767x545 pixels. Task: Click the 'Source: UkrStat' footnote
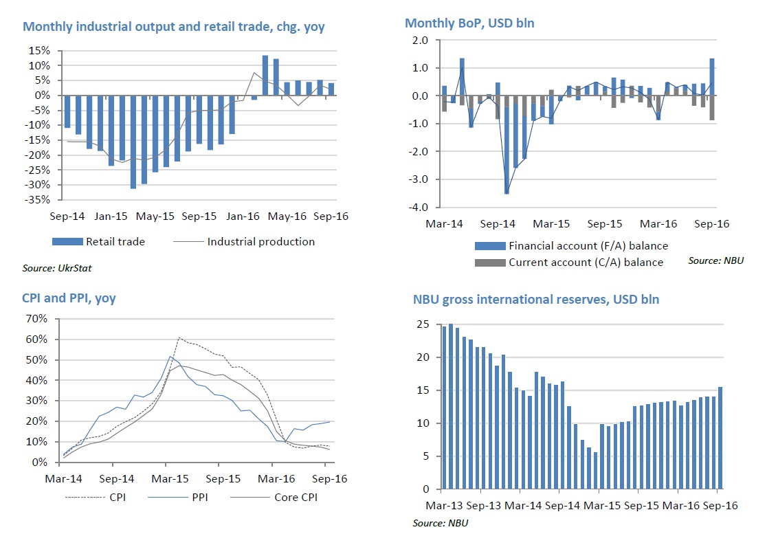[58, 269]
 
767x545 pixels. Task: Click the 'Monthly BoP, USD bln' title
[469, 23]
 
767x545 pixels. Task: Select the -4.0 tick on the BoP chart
[419, 207]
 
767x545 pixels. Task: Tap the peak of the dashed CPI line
[179, 337]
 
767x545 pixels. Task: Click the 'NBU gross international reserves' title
[536, 300]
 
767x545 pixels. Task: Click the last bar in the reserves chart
[720, 438]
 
